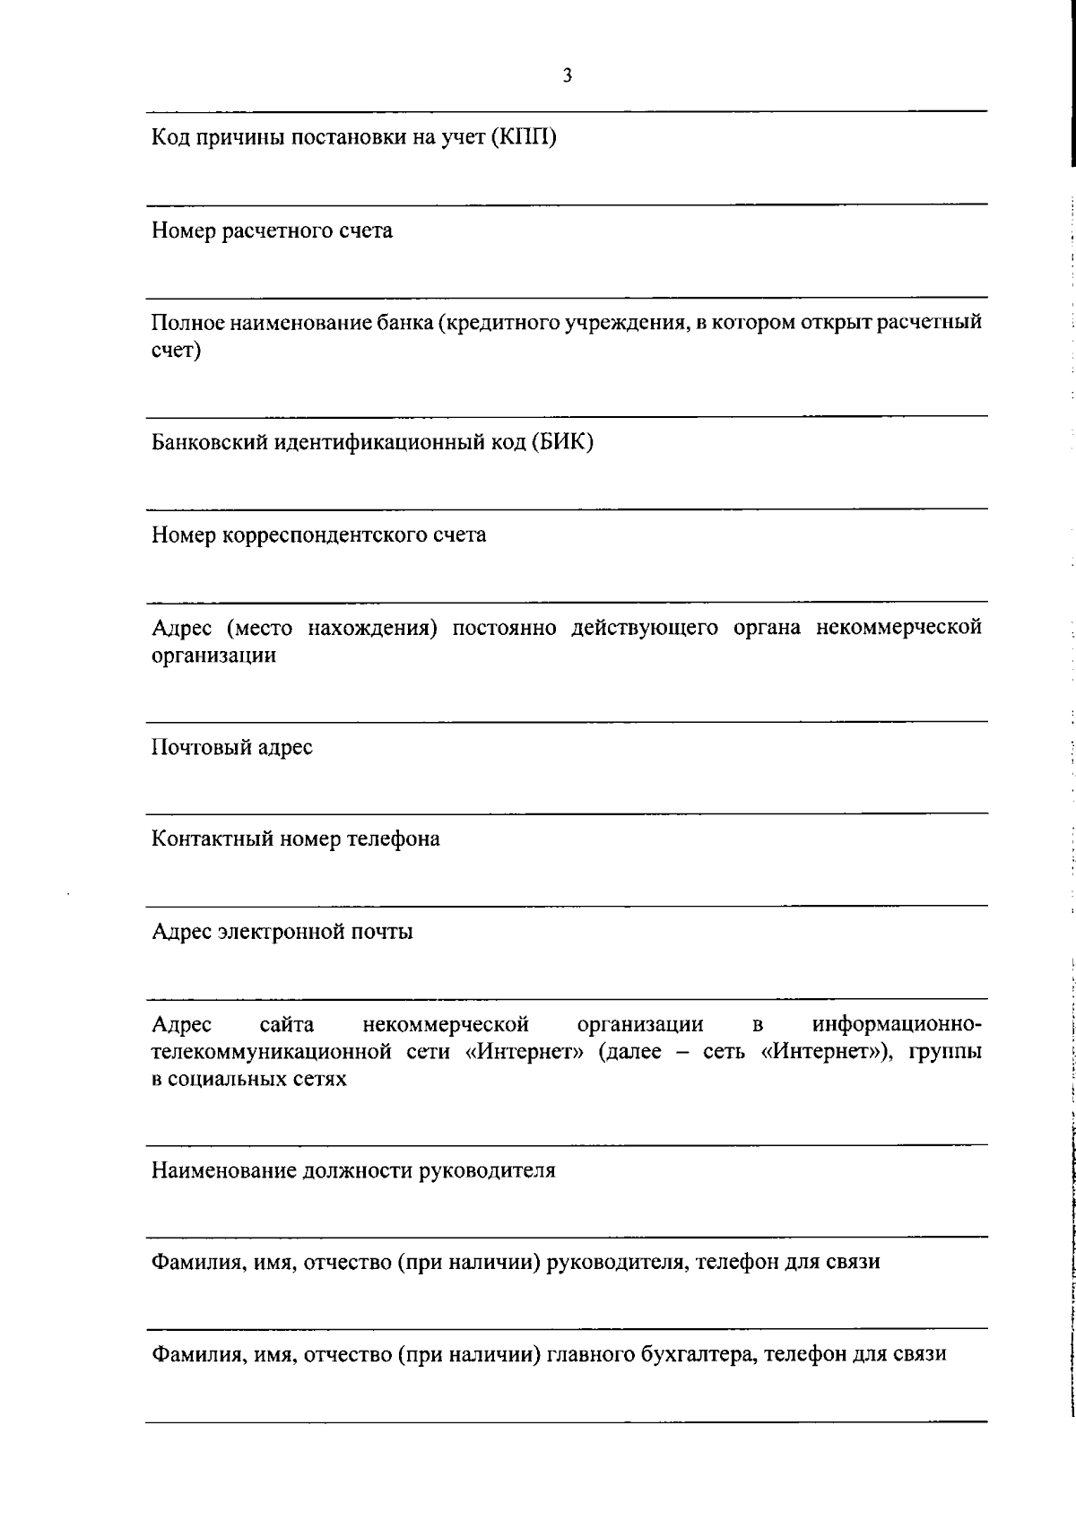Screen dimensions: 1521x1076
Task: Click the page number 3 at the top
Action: point(567,76)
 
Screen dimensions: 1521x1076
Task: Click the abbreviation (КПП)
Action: point(525,138)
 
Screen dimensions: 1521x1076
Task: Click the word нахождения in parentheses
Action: point(372,628)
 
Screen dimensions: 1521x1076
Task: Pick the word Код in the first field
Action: point(168,138)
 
